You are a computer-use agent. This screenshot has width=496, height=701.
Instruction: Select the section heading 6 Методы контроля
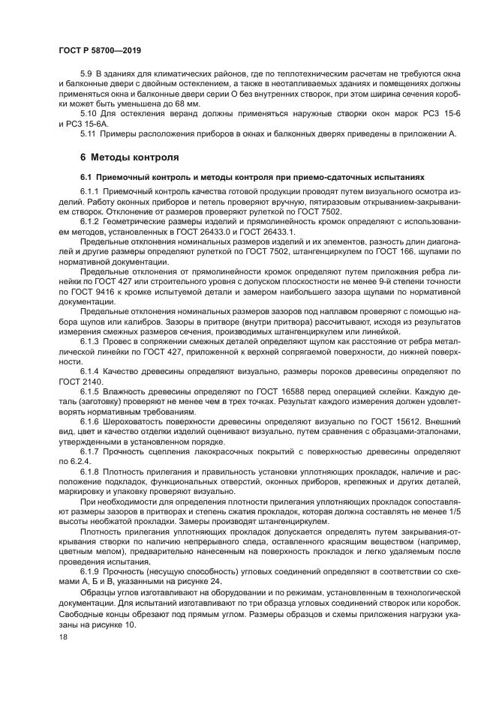click(x=129, y=158)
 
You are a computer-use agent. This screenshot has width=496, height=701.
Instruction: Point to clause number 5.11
click(x=89, y=133)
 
